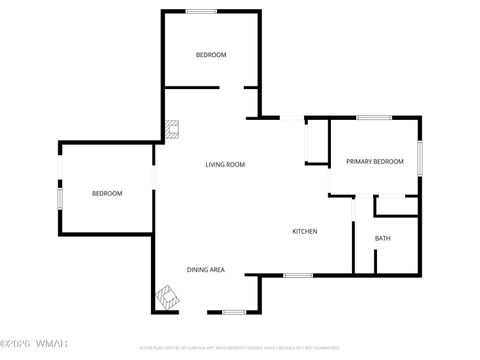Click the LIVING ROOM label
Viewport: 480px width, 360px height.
225,164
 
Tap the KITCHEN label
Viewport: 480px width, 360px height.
305,231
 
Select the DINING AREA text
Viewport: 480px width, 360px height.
205,270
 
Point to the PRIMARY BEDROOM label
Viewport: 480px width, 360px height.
375,161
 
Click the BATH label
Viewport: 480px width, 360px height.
383,238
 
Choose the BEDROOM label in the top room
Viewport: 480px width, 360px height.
211,54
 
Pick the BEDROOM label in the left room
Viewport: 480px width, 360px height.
107,193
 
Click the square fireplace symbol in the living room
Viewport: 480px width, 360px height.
173,128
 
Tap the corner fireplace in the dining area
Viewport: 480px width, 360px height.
166,296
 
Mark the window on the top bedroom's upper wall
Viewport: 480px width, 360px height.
202,11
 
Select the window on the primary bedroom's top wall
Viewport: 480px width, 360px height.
374,118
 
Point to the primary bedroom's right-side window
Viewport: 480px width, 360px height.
420,156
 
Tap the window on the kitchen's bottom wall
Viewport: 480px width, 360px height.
298,275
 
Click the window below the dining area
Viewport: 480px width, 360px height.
234,311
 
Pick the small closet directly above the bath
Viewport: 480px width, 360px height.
396,205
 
